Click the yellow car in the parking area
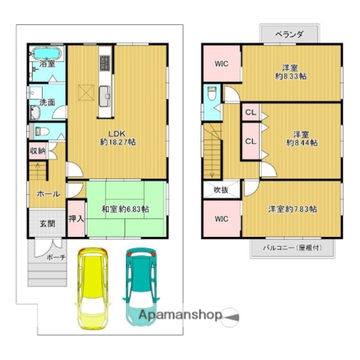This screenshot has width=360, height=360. (93, 288)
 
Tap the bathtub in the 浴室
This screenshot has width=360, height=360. (46, 53)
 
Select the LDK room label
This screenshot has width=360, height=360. (118, 138)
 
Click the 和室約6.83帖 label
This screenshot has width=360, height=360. (125, 209)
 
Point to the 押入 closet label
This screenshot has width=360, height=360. (76, 219)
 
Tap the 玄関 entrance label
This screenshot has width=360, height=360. (47, 223)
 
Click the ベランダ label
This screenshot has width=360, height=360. (289, 34)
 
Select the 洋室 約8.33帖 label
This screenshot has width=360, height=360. (291, 72)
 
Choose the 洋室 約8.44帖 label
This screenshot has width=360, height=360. (302, 138)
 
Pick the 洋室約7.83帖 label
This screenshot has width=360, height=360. (293, 209)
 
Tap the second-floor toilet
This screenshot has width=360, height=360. (211, 93)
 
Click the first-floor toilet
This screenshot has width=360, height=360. (42, 132)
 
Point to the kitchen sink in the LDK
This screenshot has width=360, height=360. (105, 96)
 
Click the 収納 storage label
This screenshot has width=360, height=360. (38, 151)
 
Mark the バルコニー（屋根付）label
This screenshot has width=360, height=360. (292, 248)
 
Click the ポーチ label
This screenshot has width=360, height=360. (56, 258)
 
